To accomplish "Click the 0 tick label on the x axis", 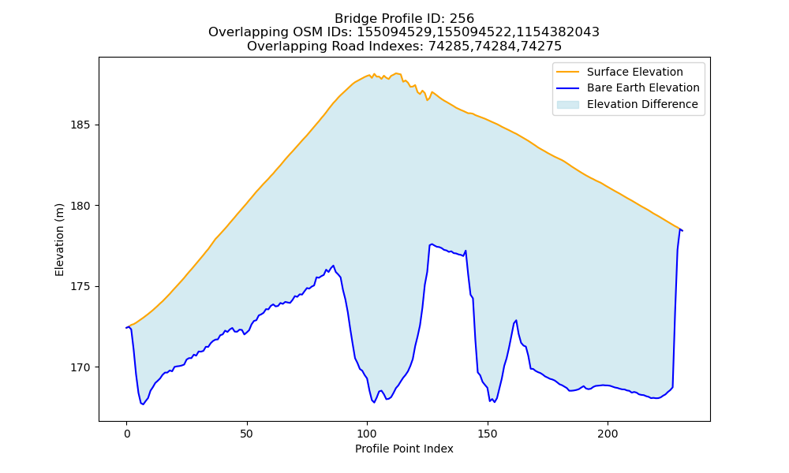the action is [127, 434].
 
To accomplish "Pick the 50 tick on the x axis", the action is [246, 434].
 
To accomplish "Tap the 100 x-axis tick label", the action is [367, 434].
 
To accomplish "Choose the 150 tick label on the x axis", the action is [487, 434].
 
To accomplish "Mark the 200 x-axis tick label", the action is [608, 434].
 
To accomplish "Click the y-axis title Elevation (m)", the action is [59, 240].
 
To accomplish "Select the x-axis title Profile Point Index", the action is [404, 449].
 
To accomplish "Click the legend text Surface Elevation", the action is [634, 72].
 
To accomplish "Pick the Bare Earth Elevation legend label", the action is [643, 88].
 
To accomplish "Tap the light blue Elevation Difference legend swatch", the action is [567, 105].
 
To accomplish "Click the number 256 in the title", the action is [462, 19].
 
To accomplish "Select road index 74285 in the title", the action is [449, 47].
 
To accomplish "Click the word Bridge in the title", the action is [353, 19].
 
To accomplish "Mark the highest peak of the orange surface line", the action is [397, 73].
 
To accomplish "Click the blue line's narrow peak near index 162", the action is [516, 320].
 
